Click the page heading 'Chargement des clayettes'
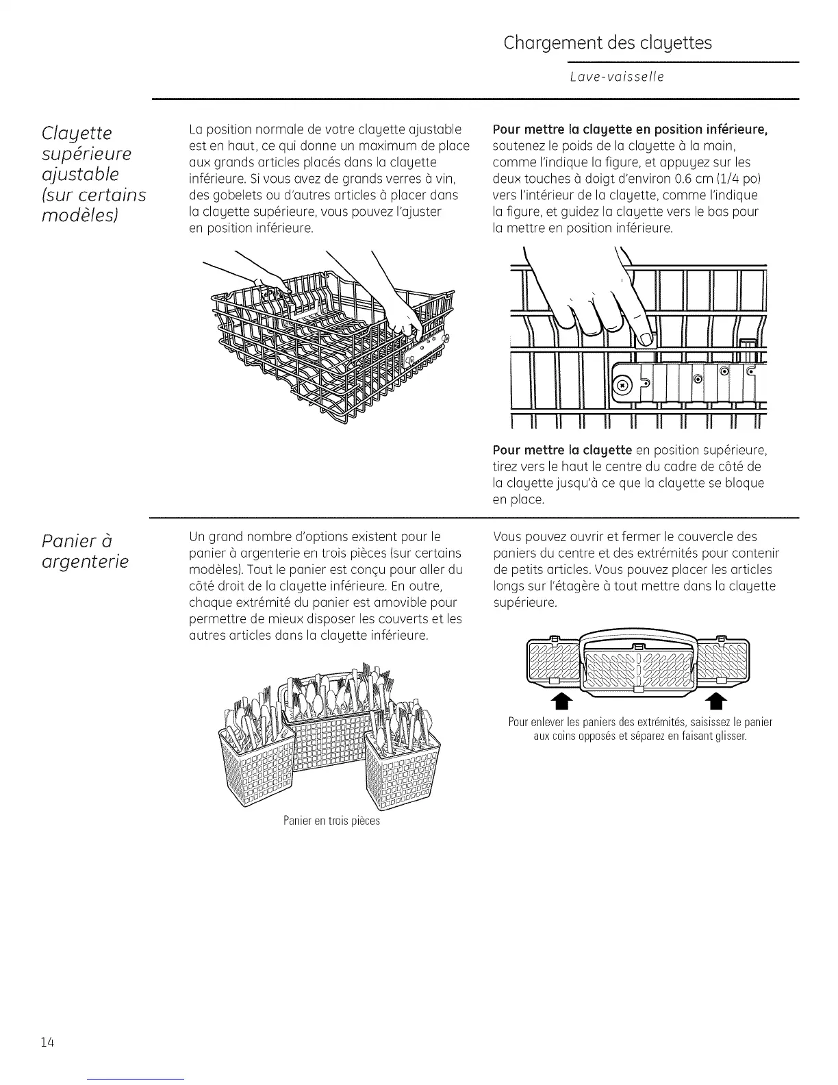607,43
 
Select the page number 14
47,1043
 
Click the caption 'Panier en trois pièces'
331,820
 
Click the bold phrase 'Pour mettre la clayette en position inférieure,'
629,129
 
